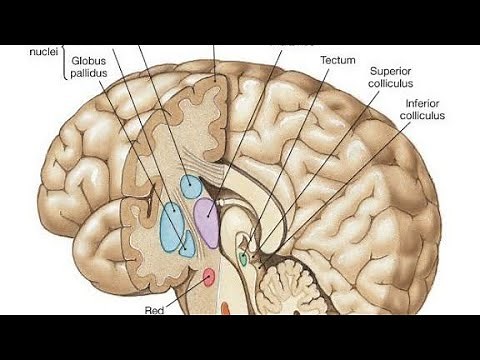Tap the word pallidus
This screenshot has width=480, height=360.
[x=92, y=74]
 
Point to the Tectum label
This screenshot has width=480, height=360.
[x=338, y=60]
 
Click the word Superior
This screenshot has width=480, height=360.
[x=391, y=72]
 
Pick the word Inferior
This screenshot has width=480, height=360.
[x=423, y=103]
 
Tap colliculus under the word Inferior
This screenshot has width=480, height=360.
[x=423, y=116]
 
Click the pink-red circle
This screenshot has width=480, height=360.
[x=208, y=276]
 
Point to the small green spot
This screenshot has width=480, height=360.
[x=243, y=259]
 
